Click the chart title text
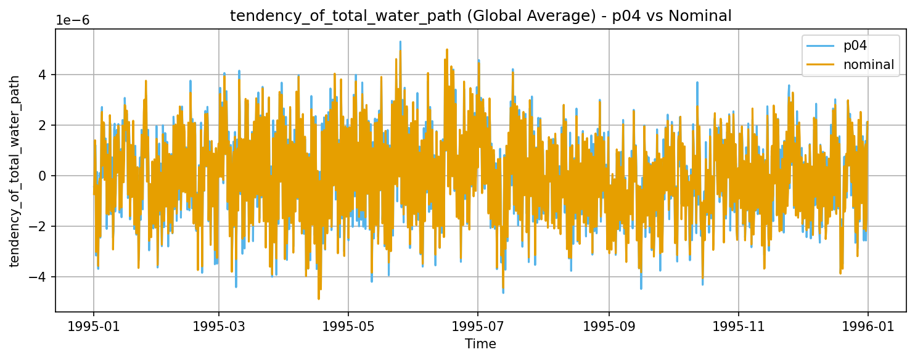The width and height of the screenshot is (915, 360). pyautogui.click(x=480, y=17)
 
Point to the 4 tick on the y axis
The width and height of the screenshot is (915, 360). pyautogui.click(x=43, y=75)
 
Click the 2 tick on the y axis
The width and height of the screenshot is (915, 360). pyautogui.click(x=43, y=125)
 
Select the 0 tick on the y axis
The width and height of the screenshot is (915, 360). pyautogui.click(x=43, y=176)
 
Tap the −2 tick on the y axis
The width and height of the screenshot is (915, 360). pyautogui.click(x=39, y=226)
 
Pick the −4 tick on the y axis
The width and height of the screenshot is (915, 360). pyautogui.click(x=39, y=277)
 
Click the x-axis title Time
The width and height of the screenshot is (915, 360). pyautogui.click(x=480, y=343)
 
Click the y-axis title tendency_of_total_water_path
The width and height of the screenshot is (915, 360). pyautogui.click(x=15, y=171)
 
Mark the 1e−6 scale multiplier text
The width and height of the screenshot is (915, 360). pyautogui.click(x=73, y=20)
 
